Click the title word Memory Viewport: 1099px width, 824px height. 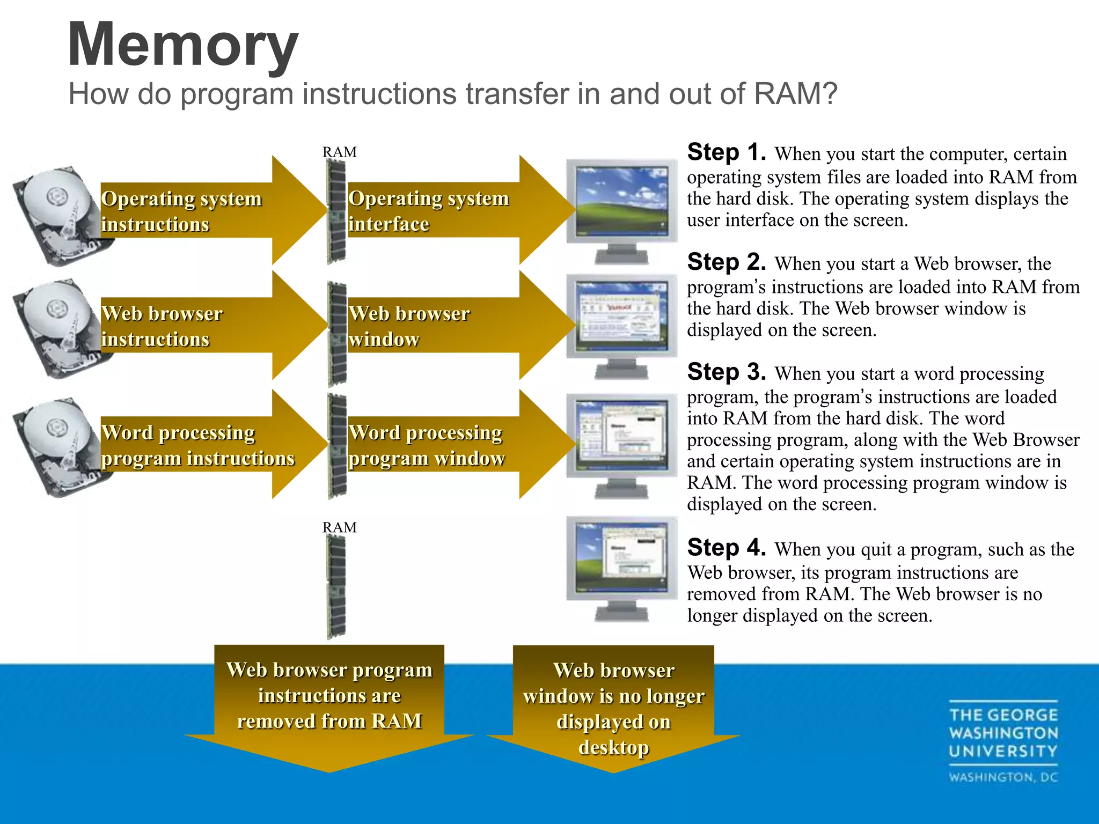pos(182,45)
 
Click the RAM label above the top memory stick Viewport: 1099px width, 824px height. pos(339,152)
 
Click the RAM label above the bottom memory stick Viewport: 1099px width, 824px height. pos(339,527)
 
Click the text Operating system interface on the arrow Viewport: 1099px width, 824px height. pos(428,211)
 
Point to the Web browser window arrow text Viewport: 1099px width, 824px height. pos(409,326)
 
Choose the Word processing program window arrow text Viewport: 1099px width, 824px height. pos(427,445)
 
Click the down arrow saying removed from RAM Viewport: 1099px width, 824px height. pos(329,703)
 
